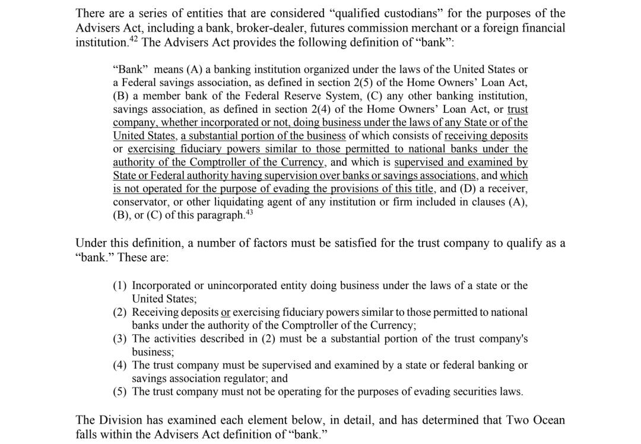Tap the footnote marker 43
[x=250, y=213]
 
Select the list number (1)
[x=120, y=286]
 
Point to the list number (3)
[x=120, y=339]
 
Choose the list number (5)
[x=120, y=392]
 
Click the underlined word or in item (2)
[x=226, y=312]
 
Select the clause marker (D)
[x=471, y=189]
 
